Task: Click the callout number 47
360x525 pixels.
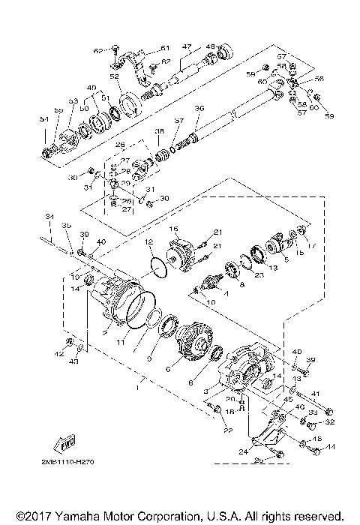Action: click(x=187, y=46)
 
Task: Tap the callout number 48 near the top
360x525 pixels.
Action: click(x=211, y=46)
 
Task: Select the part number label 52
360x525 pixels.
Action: click(x=115, y=76)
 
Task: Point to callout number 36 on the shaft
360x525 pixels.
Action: click(x=199, y=109)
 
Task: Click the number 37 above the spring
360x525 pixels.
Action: click(x=178, y=120)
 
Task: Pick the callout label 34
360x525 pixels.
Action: click(x=49, y=218)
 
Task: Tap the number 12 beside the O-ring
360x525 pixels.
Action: click(x=148, y=241)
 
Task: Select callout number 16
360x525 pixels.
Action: click(x=172, y=228)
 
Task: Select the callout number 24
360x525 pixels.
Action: click(x=241, y=451)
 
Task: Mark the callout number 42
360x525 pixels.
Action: click(x=60, y=352)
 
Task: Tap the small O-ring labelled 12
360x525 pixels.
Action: click(x=157, y=266)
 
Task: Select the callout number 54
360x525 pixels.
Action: click(x=43, y=119)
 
